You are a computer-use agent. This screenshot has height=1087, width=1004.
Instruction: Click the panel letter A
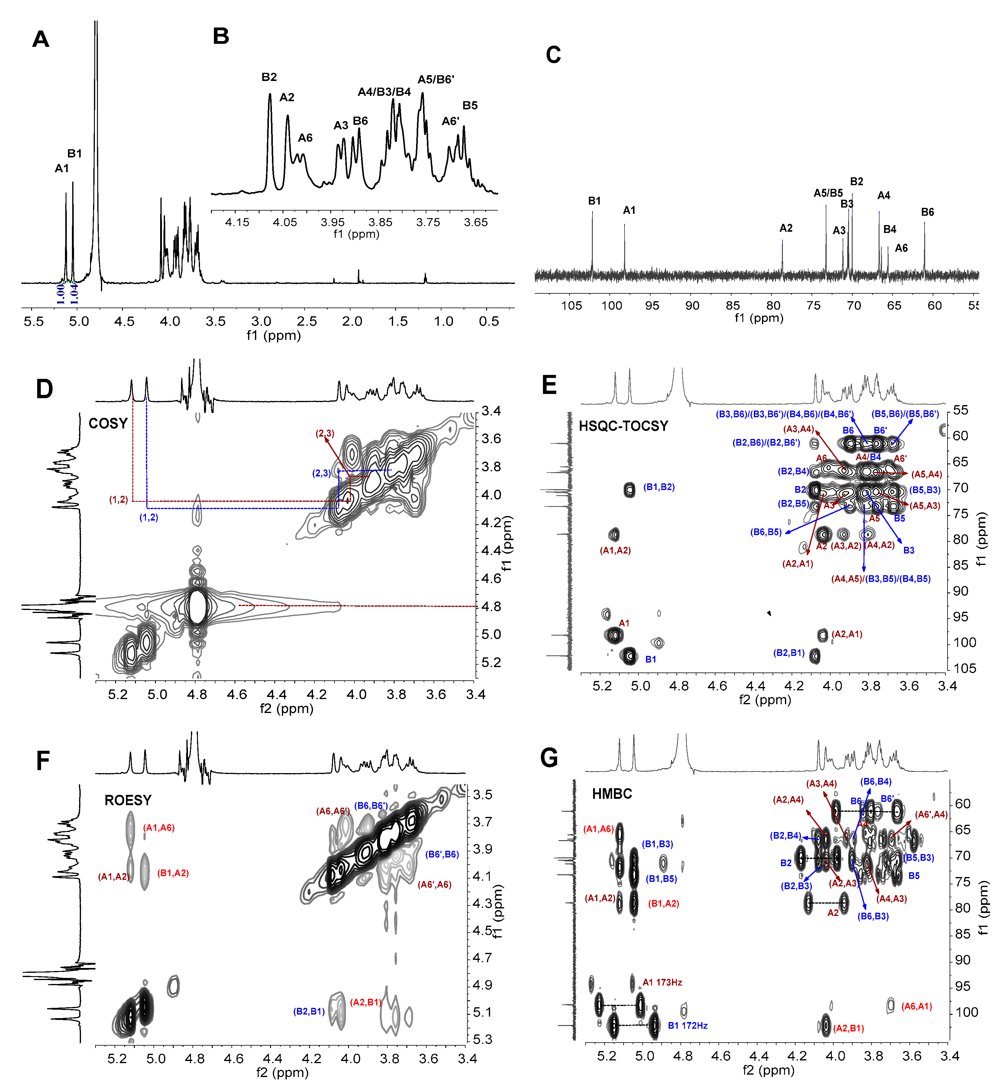(41, 39)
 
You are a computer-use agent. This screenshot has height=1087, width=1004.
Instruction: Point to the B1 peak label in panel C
(594, 201)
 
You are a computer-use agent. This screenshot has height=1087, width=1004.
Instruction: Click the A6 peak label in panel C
(901, 248)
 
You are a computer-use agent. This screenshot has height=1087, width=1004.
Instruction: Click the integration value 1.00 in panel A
(60, 293)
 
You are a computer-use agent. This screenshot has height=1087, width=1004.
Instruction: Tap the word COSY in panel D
(108, 424)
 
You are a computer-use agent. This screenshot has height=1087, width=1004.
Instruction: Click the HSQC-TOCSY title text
(623, 426)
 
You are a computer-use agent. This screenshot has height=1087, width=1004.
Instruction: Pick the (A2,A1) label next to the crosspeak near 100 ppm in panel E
(847, 634)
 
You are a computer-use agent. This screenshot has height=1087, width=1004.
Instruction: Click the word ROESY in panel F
(128, 800)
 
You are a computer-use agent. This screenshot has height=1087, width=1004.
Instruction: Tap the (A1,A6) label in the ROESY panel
(159, 828)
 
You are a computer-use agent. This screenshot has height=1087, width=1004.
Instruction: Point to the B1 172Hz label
(687, 1026)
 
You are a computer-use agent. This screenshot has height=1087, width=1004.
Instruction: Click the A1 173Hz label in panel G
(662, 982)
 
